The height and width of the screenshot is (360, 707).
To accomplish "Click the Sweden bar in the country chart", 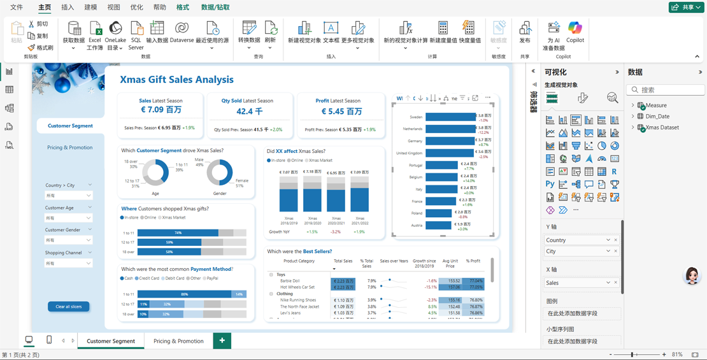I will pos(450,117).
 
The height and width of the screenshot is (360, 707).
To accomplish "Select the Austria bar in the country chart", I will pos(438,225).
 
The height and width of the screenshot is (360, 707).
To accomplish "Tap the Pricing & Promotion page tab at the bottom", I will pos(178,341).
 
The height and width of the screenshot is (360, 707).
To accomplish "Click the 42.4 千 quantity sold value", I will pos(249,111).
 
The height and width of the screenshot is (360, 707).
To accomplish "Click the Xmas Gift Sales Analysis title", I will pos(176,80).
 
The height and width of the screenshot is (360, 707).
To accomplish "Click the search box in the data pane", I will pos(668,90).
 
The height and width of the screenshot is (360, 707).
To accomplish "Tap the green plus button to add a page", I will pos(222,341).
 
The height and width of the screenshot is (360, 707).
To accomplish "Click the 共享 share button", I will pos(686,7).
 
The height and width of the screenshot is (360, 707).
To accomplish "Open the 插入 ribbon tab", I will pos(67,8).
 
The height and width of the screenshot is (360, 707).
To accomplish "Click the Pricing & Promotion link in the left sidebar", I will pos(69,147).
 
